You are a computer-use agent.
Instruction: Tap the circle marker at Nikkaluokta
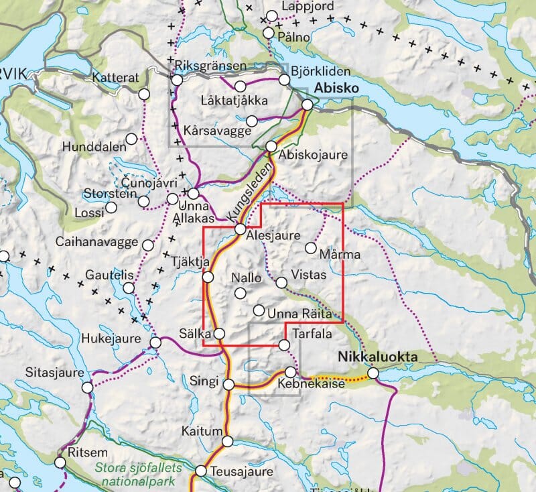[x=373, y=373]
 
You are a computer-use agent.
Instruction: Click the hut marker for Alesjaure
[x=240, y=229]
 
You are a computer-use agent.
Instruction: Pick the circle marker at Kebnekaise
[x=291, y=371]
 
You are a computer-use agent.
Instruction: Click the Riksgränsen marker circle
[x=177, y=80]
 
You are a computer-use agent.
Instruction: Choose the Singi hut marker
[x=228, y=385]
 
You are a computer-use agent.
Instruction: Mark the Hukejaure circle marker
[x=155, y=343]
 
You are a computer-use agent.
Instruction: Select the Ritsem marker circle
[x=60, y=463]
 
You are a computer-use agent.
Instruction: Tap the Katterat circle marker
[x=144, y=94]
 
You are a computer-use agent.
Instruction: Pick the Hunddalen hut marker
[x=132, y=138]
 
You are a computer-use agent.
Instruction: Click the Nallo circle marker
[x=241, y=292]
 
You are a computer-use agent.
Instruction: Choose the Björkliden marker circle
[x=284, y=80]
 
